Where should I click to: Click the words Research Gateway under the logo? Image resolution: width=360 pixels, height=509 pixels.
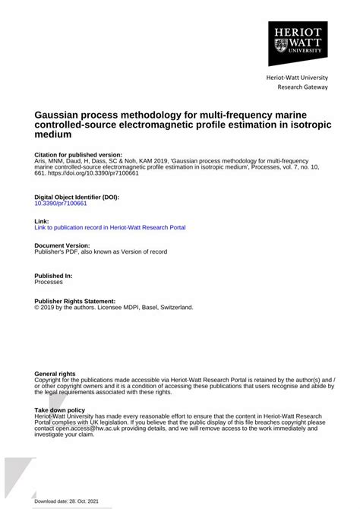click(x=302, y=87)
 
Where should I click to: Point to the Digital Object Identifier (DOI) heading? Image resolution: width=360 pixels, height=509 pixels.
click(x=77, y=197)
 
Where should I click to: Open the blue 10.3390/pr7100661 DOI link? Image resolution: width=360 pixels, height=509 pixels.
click(x=61, y=204)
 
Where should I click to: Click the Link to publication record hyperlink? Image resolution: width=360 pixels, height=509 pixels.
click(x=110, y=227)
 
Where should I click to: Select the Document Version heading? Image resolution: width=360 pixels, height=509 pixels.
click(x=62, y=245)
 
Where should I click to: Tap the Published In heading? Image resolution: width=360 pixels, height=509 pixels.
click(x=54, y=275)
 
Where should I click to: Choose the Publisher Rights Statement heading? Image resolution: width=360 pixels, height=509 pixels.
click(x=75, y=301)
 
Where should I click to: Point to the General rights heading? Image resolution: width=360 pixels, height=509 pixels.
click(x=55, y=374)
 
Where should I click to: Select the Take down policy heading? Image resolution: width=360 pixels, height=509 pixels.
click(x=60, y=409)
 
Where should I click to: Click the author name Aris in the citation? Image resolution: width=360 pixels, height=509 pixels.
click(x=42, y=160)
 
